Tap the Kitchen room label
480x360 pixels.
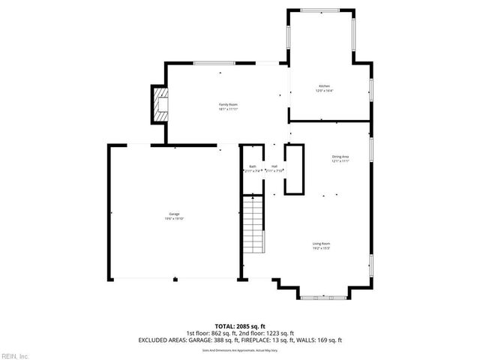[324, 86]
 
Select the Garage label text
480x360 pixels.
[174, 214]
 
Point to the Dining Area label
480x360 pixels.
[340, 157]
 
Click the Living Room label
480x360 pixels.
[322, 244]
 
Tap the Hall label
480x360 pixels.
[274, 166]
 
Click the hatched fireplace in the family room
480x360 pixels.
[160, 105]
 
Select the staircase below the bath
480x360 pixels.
[254, 226]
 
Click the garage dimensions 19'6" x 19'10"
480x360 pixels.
[174, 219]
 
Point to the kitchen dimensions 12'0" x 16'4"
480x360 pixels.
[324, 91]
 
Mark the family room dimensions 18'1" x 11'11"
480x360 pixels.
[228, 109]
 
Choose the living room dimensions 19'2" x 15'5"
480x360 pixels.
[322, 248]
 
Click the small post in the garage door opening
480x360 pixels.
[175, 280]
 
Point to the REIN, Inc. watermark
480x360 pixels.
[14, 355]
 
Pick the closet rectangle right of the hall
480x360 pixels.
[294, 168]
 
